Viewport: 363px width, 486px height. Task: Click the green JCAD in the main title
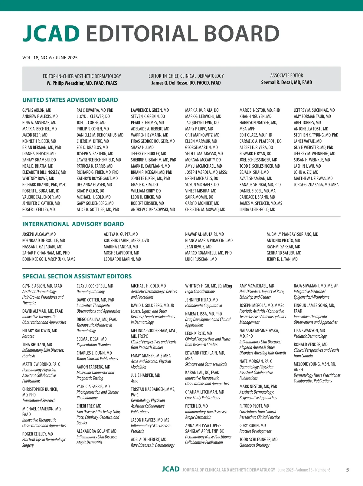click(x=51, y=33)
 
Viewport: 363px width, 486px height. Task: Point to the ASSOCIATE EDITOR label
click(x=286, y=75)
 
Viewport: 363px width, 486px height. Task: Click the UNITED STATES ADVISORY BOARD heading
click(x=70, y=100)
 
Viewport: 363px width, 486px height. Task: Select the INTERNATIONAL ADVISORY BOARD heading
click(x=73, y=224)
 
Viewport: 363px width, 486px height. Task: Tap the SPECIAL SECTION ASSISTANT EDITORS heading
click(x=77, y=276)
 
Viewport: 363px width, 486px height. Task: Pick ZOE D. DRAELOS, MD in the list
click(x=92, y=147)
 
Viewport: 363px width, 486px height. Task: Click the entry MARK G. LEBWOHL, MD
click(x=203, y=116)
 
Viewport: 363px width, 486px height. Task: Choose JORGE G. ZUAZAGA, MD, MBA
click(x=316, y=185)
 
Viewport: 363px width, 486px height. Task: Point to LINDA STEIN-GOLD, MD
click(x=257, y=209)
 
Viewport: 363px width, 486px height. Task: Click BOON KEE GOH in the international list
click(x=49, y=259)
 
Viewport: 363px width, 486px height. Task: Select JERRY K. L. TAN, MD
click(x=282, y=259)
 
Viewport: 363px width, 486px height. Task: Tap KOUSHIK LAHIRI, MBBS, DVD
click(x=126, y=241)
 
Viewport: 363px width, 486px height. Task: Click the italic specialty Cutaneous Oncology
click(x=254, y=445)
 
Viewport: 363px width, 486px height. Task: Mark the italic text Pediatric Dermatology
click(x=310, y=336)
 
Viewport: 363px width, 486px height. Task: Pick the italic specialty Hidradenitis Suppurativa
click(x=204, y=306)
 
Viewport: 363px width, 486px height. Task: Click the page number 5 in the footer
click(x=348, y=470)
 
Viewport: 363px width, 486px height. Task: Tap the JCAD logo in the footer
click(x=171, y=469)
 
